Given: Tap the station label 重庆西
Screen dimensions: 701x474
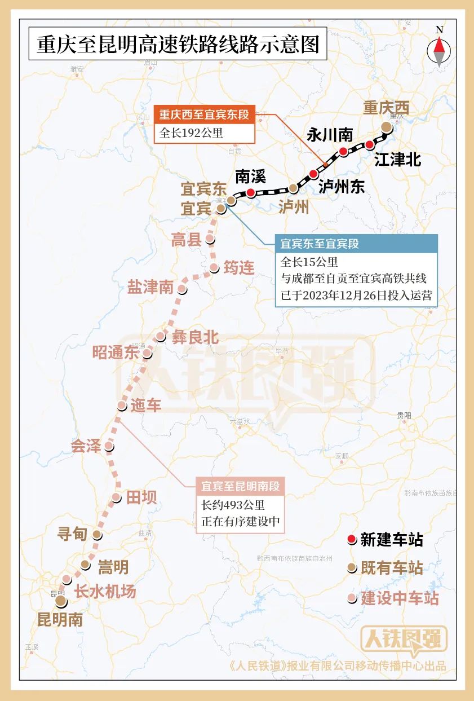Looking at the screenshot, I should click(x=386, y=108).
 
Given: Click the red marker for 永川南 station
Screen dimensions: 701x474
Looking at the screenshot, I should click(x=343, y=151).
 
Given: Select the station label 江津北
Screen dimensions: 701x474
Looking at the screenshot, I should click(x=397, y=160).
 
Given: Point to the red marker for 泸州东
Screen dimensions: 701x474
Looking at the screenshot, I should click(x=313, y=174).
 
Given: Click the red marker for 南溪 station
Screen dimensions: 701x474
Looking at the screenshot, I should click(x=250, y=193).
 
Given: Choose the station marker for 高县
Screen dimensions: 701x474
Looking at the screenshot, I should click(x=210, y=239).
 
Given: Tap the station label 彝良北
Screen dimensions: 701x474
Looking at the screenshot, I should click(x=195, y=337).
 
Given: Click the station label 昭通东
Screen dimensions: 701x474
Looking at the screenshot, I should click(x=116, y=352).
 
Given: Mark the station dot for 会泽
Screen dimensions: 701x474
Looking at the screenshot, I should click(x=109, y=447).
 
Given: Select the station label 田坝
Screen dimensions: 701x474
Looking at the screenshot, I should click(x=141, y=497).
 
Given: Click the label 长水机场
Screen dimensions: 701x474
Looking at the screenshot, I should click(x=105, y=592).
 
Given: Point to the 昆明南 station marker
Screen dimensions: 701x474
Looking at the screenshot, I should click(x=60, y=601).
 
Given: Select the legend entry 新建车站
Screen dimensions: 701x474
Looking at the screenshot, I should click(x=392, y=540).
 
